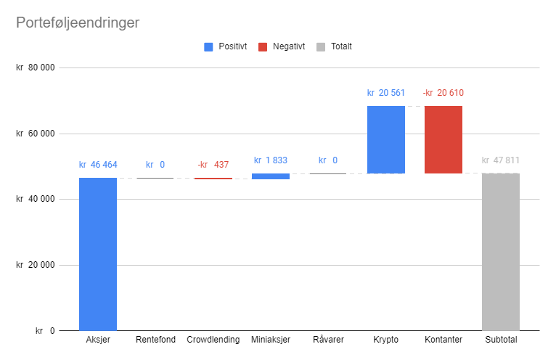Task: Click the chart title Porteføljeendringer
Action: click(x=78, y=22)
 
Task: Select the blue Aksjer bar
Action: click(x=98, y=254)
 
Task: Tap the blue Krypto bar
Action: click(x=386, y=139)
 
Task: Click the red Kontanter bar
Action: click(x=443, y=139)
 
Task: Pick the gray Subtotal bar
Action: click(x=501, y=252)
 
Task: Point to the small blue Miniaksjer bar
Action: click(x=271, y=176)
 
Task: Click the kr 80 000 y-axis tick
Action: click(x=36, y=68)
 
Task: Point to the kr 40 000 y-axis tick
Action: click(x=36, y=200)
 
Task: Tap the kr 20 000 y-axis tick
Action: click(x=36, y=265)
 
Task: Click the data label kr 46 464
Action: click(x=98, y=165)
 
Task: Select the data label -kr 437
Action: click(x=213, y=165)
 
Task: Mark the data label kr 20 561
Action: click(x=386, y=93)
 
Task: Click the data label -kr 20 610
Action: click(x=443, y=93)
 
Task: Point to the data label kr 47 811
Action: click(x=501, y=160)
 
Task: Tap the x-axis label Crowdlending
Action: click(x=213, y=340)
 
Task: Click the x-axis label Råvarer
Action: click(x=328, y=340)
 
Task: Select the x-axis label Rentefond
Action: click(x=155, y=340)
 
